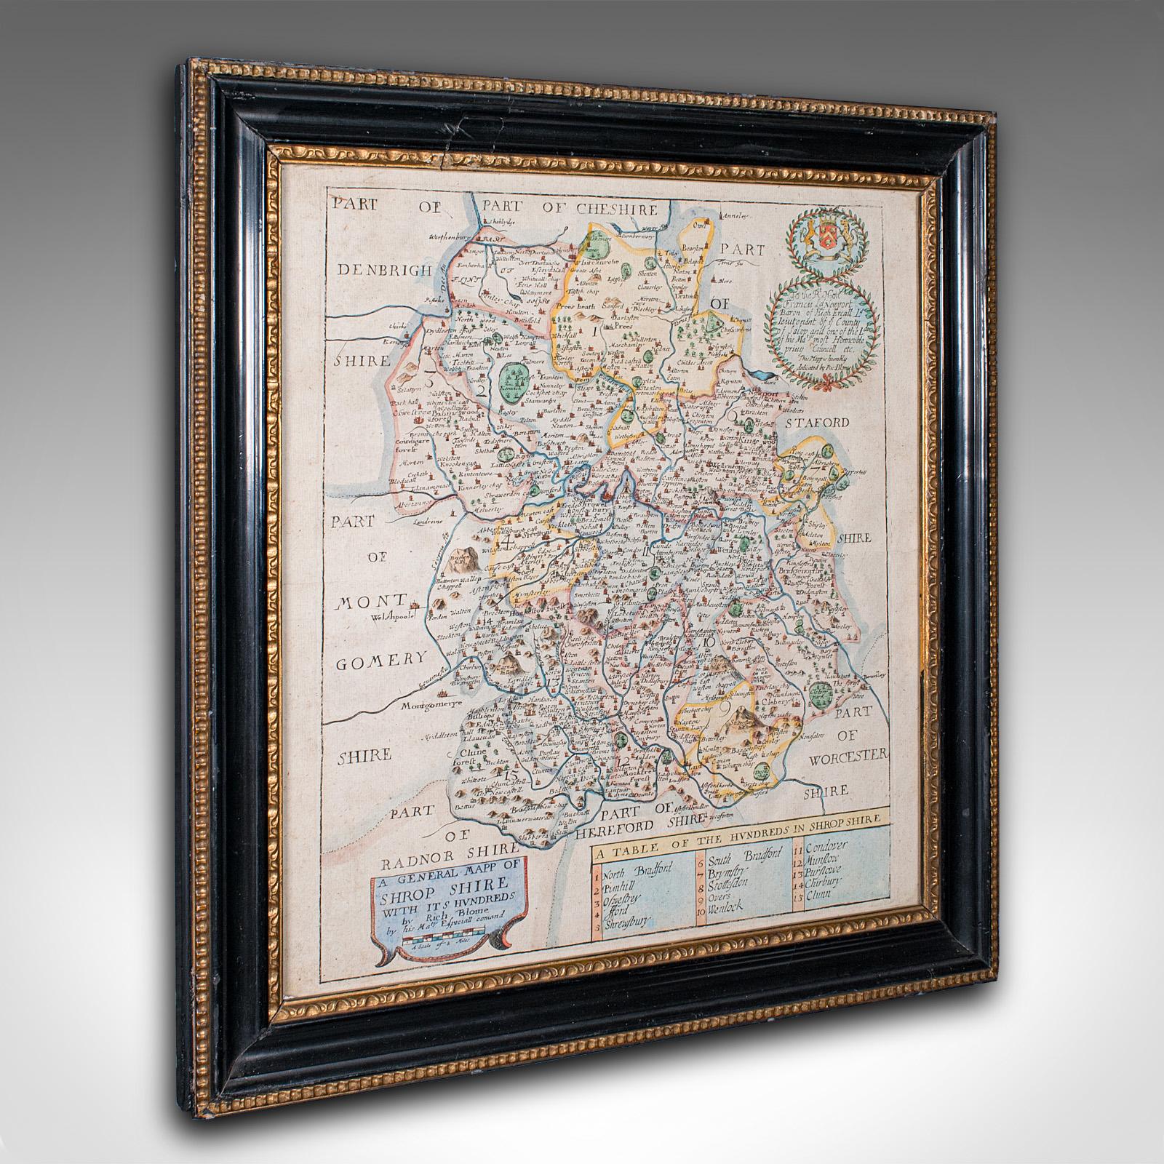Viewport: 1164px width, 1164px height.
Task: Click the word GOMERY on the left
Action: (x=381, y=657)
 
